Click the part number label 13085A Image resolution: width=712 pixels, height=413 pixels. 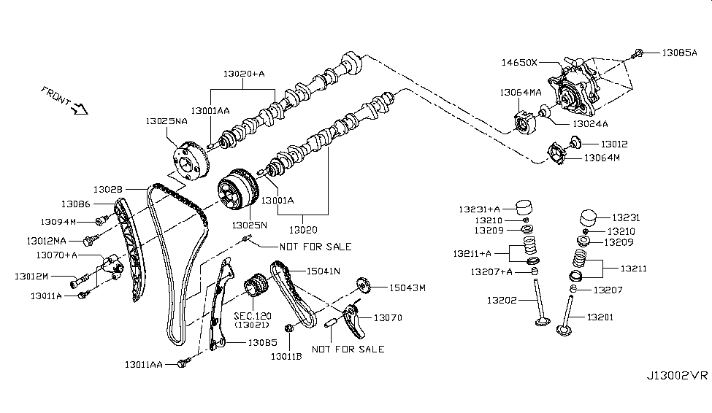coord(680,53)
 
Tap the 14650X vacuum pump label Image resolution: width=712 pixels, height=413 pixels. coord(518,63)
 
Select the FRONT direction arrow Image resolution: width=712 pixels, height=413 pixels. coord(77,109)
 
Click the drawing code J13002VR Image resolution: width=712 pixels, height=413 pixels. coord(676,376)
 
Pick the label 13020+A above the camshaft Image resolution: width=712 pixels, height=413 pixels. coord(243,74)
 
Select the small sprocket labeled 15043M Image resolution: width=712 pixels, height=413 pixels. coord(361,285)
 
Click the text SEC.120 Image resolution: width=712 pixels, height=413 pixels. coord(253,315)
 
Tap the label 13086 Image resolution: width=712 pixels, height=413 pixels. coord(75,204)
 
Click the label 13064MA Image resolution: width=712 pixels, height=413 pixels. coord(520,93)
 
